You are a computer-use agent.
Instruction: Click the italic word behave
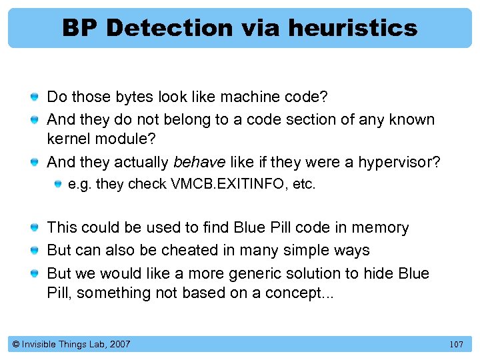pyautogui.click(x=197, y=163)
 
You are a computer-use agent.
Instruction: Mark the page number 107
pyautogui.click(x=456, y=345)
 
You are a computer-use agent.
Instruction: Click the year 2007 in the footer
pyautogui.click(x=119, y=344)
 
